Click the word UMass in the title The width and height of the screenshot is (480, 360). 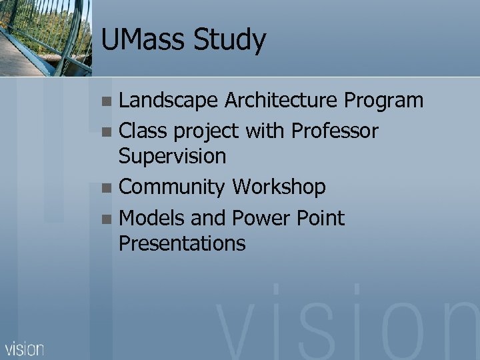click(142, 40)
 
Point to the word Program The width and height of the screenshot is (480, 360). click(383, 101)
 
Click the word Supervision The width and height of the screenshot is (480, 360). click(172, 157)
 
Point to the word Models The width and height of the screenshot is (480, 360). click(152, 218)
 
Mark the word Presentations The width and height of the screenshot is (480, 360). click(182, 243)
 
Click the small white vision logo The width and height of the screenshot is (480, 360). click(25, 348)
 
